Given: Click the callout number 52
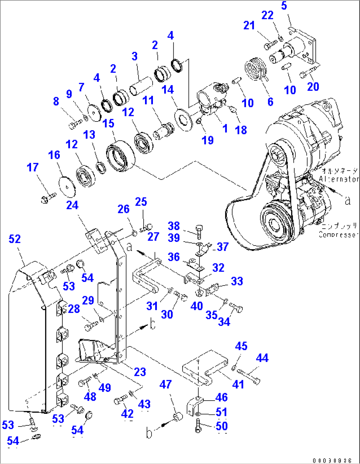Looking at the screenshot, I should (x=15, y=239).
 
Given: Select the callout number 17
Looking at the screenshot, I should (x=33, y=167).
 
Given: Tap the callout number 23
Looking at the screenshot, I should (x=140, y=372).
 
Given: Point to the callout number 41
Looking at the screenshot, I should (x=238, y=384).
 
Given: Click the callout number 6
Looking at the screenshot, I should (x=270, y=102).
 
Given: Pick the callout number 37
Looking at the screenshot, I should (x=223, y=247).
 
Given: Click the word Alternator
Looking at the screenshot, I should (x=339, y=179).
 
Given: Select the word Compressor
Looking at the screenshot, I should (x=338, y=234).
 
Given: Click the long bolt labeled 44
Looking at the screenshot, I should (x=248, y=376).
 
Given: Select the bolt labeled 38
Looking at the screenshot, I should (x=198, y=232).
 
